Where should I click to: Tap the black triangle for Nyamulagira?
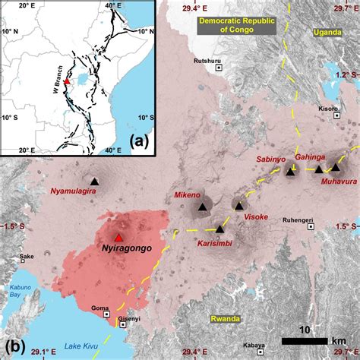[x=94, y=181]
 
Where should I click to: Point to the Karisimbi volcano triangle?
[x=219, y=229]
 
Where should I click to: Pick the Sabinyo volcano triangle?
[x=289, y=172]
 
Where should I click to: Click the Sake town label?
[x=27, y=257]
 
